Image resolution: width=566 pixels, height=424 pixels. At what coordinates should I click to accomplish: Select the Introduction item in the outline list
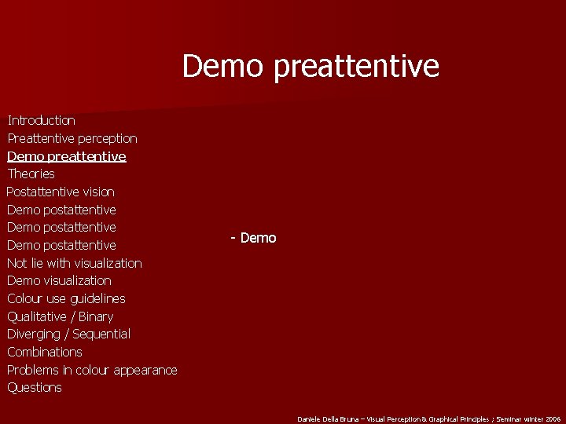(x=41, y=120)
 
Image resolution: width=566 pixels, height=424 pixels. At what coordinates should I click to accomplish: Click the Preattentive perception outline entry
(x=72, y=138)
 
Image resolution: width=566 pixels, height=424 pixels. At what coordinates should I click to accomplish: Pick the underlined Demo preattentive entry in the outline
(x=67, y=156)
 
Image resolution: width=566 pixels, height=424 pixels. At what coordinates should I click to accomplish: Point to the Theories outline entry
(x=31, y=174)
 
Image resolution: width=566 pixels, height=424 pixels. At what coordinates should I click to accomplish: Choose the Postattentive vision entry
(x=61, y=192)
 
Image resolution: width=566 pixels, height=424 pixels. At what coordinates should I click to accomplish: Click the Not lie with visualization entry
(x=75, y=263)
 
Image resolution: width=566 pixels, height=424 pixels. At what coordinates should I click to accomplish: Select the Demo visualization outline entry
(x=59, y=280)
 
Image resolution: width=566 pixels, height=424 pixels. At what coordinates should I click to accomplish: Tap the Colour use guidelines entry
(x=66, y=298)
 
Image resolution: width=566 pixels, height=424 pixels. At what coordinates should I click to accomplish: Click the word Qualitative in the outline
(x=37, y=316)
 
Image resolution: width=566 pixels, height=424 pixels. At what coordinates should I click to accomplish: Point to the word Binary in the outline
(x=96, y=316)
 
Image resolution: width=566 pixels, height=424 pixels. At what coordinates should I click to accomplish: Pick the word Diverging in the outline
(x=34, y=334)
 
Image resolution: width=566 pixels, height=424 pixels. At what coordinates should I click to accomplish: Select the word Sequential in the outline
(x=101, y=334)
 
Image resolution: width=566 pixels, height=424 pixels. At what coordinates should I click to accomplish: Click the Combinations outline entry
(x=45, y=352)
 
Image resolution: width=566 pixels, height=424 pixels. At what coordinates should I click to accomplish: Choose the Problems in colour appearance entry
(x=92, y=370)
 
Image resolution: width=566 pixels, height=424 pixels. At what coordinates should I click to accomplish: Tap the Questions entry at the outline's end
(x=35, y=387)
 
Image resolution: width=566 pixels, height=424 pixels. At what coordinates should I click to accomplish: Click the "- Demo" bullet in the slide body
(x=253, y=238)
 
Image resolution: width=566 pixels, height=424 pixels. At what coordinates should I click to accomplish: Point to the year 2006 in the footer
(x=553, y=419)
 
